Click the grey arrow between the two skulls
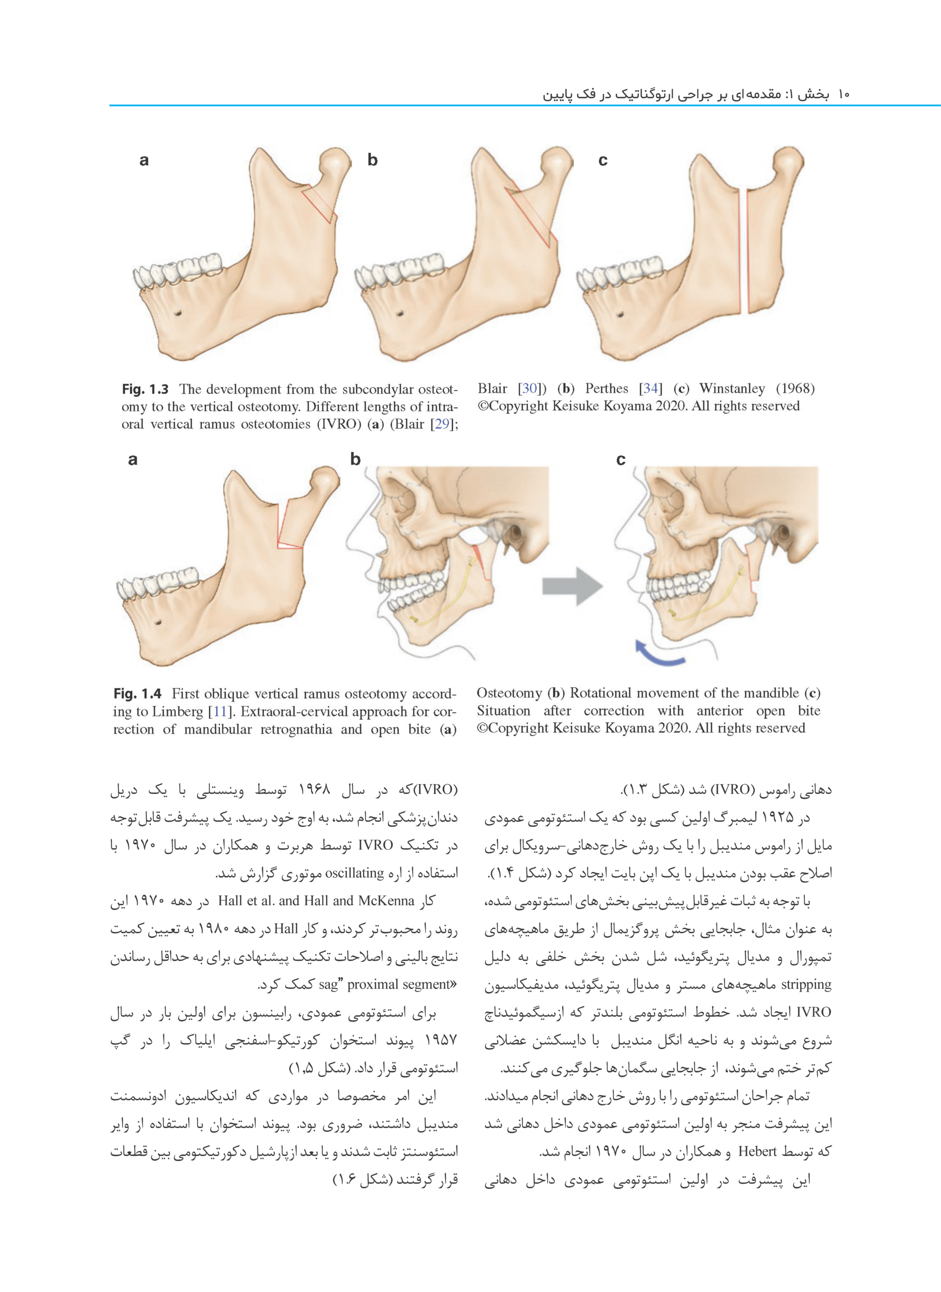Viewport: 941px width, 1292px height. tap(571, 585)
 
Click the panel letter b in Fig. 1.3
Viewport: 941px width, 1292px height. tap(373, 159)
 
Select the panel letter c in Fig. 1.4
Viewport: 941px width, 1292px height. tap(620, 459)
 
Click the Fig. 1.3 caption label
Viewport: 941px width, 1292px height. tap(145, 389)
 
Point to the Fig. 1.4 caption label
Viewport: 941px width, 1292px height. tap(137, 693)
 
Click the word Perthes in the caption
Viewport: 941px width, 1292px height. tap(606, 389)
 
